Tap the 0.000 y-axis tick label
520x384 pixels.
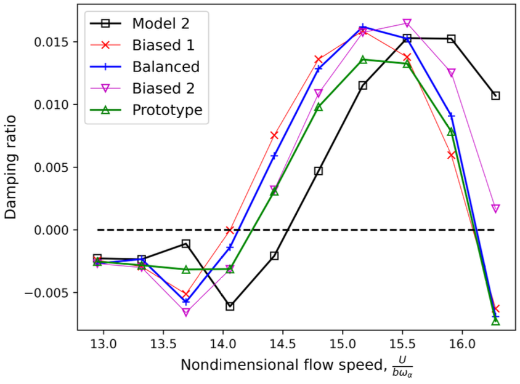(52, 230)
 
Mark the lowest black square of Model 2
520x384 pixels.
(230, 306)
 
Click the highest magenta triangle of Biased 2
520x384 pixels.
(407, 23)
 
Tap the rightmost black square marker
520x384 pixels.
(495, 95)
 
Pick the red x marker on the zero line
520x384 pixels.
(230, 230)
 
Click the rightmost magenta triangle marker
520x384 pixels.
(495, 209)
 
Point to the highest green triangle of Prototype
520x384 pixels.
(363, 60)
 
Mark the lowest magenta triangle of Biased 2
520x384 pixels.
(185, 313)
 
